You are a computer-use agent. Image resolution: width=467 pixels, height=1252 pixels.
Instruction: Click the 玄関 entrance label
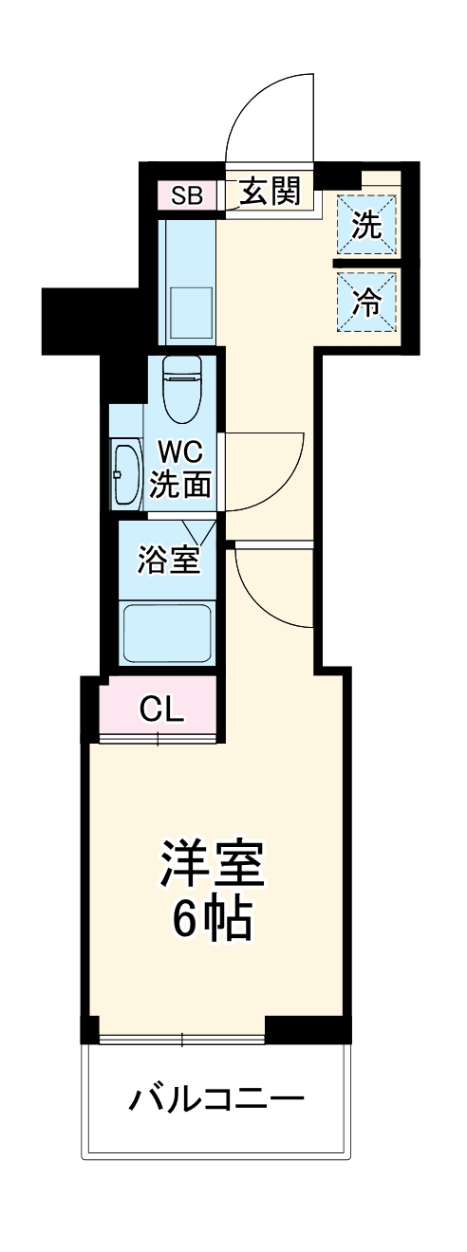(269, 193)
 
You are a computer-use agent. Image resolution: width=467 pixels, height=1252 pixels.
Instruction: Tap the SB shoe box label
(187, 196)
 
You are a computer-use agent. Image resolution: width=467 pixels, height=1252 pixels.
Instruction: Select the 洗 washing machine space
(367, 225)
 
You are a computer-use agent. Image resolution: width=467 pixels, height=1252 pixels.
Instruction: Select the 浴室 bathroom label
(168, 560)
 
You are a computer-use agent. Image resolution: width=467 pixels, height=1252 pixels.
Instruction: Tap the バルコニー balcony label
(217, 1099)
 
